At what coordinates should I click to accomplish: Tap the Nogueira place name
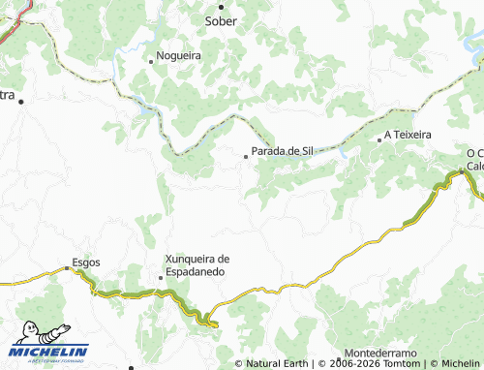tap(179, 56)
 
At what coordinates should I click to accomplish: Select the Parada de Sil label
tap(282, 151)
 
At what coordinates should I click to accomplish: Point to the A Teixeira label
tap(408, 136)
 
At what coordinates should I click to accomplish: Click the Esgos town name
tap(86, 263)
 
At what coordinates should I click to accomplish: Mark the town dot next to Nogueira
tap(151, 60)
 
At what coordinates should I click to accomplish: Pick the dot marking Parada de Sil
tap(245, 153)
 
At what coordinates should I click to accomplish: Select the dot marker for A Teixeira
tap(379, 139)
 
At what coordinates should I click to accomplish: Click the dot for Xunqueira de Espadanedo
tap(161, 278)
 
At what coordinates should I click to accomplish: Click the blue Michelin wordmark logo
tap(50, 352)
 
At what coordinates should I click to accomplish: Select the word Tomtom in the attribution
tap(402, 364)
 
